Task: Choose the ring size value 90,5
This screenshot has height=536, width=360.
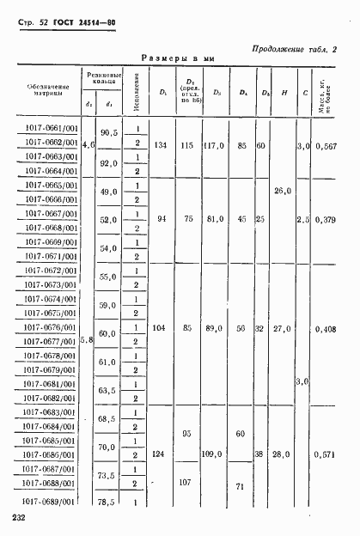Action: pyautogui.click(x=108, y=134)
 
